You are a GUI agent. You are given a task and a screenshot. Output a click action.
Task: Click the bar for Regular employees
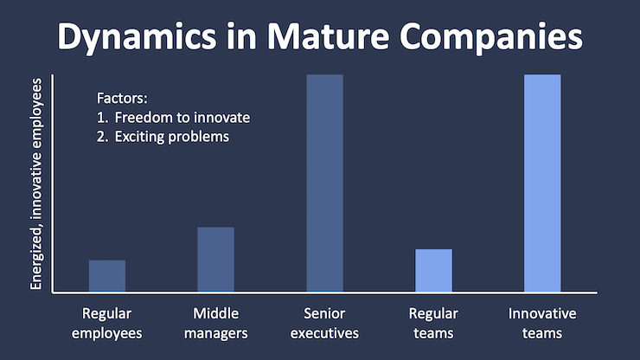point(107,276)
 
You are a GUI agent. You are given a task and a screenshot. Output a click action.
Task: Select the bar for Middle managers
point(215,260)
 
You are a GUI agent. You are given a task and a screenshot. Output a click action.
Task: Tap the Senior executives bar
point(324,183)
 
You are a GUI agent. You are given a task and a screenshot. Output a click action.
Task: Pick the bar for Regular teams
point(433,270)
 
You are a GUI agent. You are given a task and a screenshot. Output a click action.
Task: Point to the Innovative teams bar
point(542,183)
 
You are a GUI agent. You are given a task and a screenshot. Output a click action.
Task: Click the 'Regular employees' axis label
point(107,323)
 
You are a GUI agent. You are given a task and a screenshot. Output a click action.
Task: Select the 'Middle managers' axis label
point(215,323)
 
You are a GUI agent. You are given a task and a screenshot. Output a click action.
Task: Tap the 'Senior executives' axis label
point(324,323)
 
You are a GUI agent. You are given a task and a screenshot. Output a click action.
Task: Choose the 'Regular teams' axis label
point(433,323)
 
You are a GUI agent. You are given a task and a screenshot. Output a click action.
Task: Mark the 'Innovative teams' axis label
point(542,323)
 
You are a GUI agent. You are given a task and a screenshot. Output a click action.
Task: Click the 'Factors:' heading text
point(121,99)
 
